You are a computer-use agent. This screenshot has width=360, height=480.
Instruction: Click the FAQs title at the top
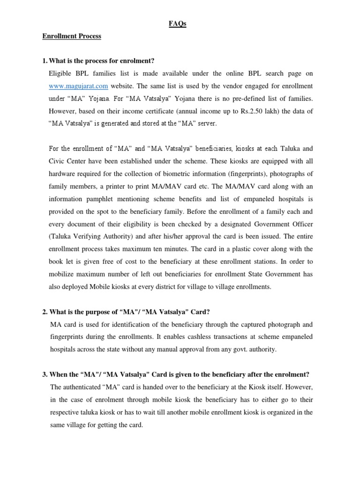[x=177, y=24]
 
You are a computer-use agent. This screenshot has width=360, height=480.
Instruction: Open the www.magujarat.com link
[x=78, y=86]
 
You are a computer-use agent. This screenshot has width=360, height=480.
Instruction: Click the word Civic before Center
[x=58, y=160]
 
